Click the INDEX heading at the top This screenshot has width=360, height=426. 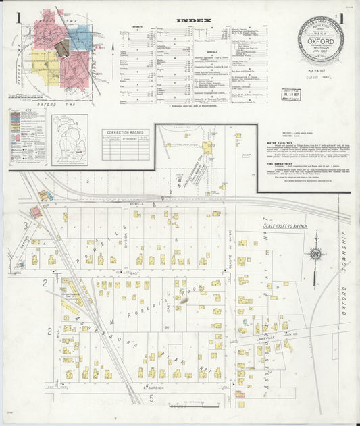point(194,20)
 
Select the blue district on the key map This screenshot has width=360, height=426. point(80,36)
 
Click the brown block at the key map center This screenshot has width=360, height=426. point(61,48)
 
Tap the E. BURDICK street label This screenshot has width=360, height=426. point(155,387)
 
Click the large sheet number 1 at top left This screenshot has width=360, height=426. point(20,16)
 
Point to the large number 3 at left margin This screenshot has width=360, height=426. point(26,224)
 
